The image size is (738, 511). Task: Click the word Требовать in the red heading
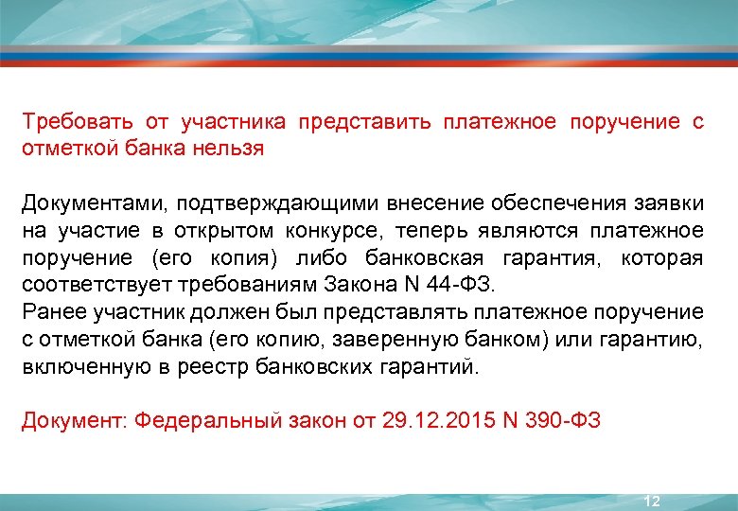(x=76, y=122)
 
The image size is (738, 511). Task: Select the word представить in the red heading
(x=364, y=122)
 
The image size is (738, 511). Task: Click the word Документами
(x=85, y=203)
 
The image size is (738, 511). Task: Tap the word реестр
(x=220, y=366)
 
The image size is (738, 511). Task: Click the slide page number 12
(x=651, y=501)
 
